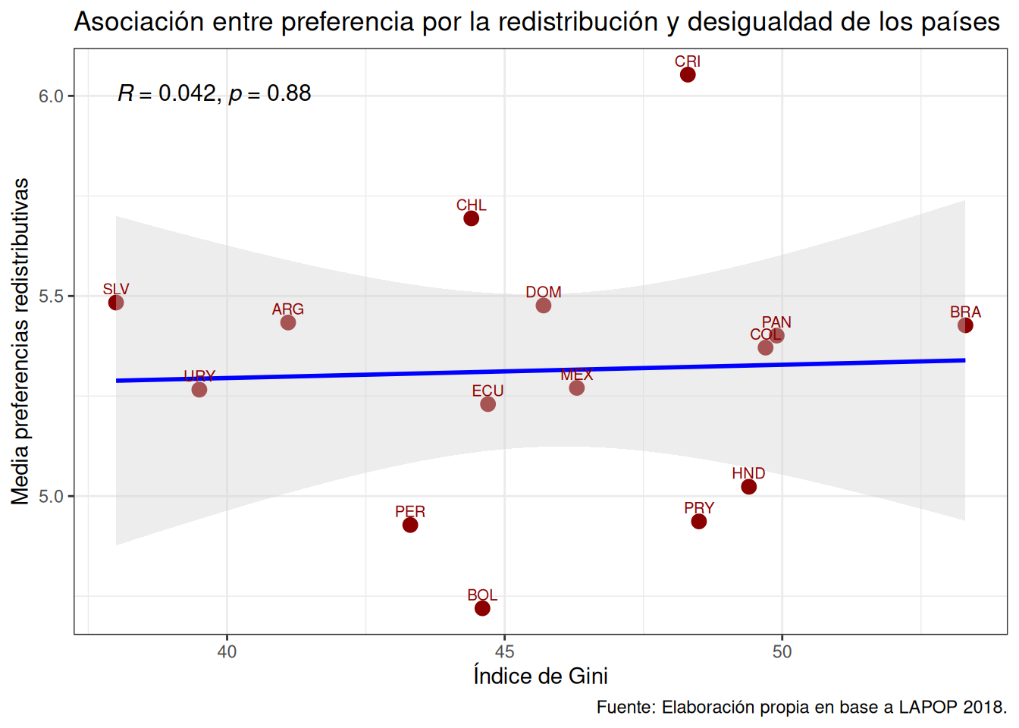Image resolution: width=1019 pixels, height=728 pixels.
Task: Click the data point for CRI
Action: pyautogui.click(x=688, y=74)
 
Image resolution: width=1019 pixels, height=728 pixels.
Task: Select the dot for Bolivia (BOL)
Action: pyautogui.click(x=482, y=608)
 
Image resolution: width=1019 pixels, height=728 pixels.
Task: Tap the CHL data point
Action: pyautogui.click(x=471, y=218)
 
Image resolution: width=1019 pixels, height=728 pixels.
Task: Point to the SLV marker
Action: pyautogui.click(x=116, y=303)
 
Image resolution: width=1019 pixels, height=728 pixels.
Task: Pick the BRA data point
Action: pyautogui.click(x=965, y=325)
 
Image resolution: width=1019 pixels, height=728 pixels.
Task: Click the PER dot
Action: pyautogui.click(x=410, y=525)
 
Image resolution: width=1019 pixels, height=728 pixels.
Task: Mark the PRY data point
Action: pyautogui.click(x=699, y=521)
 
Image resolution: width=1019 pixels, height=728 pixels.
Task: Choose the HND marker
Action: pyautogui.click(x=748, y=487)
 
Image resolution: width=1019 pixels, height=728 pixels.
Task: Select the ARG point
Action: pyautogui.click(x=288, y=322)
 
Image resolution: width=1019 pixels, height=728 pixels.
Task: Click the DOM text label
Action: pyautogui.click(x=544, y=292)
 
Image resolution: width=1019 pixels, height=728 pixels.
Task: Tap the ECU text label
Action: pyautogui.click(x=488, y=391)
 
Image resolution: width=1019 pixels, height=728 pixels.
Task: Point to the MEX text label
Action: pyautogui.click(x=577, y=375)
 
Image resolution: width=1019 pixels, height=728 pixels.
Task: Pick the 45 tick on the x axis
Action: pyautogui.click(x=504, y=651)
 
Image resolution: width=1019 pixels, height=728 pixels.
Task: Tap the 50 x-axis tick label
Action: pyautogui.click(x=782, y=651)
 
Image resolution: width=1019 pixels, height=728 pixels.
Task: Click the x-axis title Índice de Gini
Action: pyautogui.click(x=541, y=676)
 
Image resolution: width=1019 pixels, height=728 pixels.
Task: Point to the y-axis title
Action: pyautogui.click(x=20, y=341)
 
